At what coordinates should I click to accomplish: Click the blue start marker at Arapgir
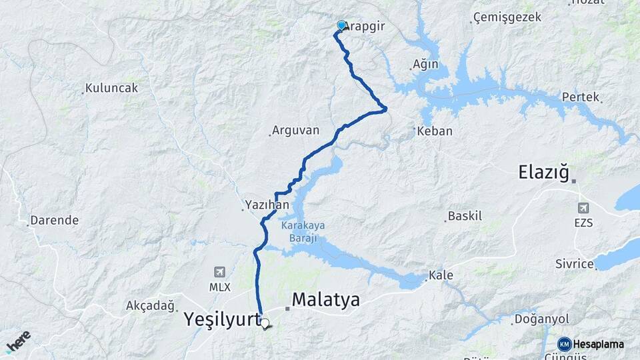click(x=341, y=25)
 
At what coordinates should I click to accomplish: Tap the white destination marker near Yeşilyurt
click(x=265, y=323)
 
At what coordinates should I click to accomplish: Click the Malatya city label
click(x=325, y=299)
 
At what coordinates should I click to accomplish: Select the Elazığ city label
click(x=544, y=173)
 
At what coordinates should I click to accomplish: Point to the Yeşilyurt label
click(x=222, y=320)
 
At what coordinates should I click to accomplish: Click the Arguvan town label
click(x=295, y=131)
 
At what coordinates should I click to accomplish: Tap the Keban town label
click(x=434, y=131)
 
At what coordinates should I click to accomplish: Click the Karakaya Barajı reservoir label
click(x=303, y=231)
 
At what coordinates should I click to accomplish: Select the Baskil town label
click(x=465, y=216)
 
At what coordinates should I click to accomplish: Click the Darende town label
click(x=55, y=220)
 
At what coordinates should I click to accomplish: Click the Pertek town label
click(x=581, y=97)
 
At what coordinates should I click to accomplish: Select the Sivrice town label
click(x=574, y=264)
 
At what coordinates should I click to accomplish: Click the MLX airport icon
click(x=219, y=272)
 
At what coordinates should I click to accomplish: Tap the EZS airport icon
click(x=583, y=208)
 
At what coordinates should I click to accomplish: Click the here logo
click(x=18, y=341)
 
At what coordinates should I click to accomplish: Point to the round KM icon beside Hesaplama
click(x=565, y=344)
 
